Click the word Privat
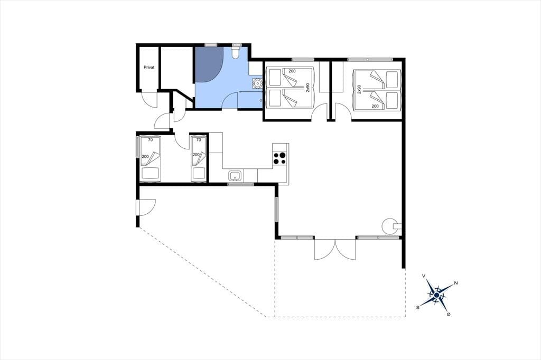click(149, 68)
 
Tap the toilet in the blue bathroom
click(236, 52)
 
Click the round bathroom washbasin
click(257, 83)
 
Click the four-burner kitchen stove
click(279, 158)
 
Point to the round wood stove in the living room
click(389, 226)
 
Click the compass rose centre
click(436, 296)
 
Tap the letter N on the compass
click(456, 283)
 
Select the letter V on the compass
click(424, 276)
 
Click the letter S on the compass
click(418, 307)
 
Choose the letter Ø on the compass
click(449, 314)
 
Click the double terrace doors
click(334, 249)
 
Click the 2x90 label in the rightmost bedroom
click(359, 90)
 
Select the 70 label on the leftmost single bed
click(150, 140)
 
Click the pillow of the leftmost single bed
click(150, 173)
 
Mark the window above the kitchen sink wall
click(241, 184)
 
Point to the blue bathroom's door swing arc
click(230, 101)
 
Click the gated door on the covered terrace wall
click(146, 207)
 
